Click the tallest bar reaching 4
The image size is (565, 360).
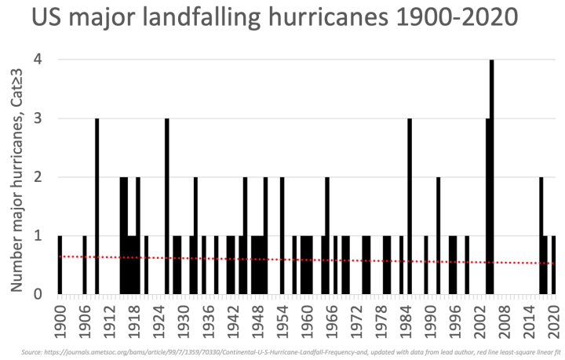(492, 176)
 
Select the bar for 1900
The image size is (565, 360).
(60, 264)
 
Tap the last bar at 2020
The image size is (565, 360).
(554, 264)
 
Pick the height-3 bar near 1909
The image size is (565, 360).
(97, 206)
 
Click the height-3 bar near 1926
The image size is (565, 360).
(167, 206)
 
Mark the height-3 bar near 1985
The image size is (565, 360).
(410, 206)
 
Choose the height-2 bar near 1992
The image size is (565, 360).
(439, 235)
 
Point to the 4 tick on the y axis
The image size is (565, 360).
(38, 60)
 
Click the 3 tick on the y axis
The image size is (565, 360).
(38, 118)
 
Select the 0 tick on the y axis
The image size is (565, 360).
(38, 294)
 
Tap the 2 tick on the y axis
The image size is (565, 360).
(38, 177)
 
